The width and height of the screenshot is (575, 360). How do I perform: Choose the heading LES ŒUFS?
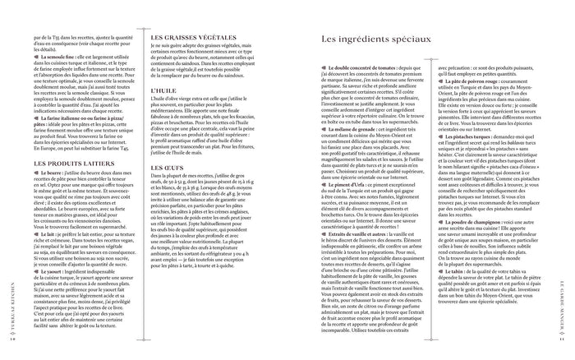pyautogui.click(x=168, y=191)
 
